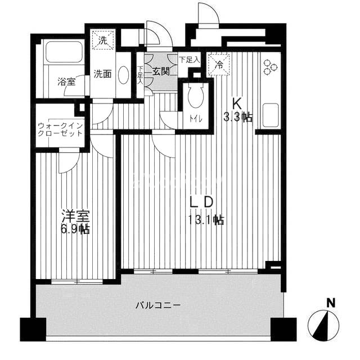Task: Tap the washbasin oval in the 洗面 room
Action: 124,75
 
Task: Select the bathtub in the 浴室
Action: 64,52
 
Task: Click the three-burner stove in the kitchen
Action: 270,67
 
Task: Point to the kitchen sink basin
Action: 271,115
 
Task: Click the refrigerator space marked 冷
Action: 219,65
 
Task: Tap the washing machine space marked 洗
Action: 103,39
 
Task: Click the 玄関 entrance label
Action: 161,72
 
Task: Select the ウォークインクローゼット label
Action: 60,129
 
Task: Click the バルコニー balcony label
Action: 158,305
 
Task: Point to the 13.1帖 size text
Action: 206,220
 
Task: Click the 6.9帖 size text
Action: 75,229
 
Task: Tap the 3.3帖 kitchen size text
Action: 238,118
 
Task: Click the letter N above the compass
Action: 331,303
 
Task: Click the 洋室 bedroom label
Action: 75,216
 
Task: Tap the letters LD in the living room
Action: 201,202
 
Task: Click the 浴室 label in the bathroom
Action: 66,82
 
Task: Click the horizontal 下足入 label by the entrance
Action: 189,60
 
